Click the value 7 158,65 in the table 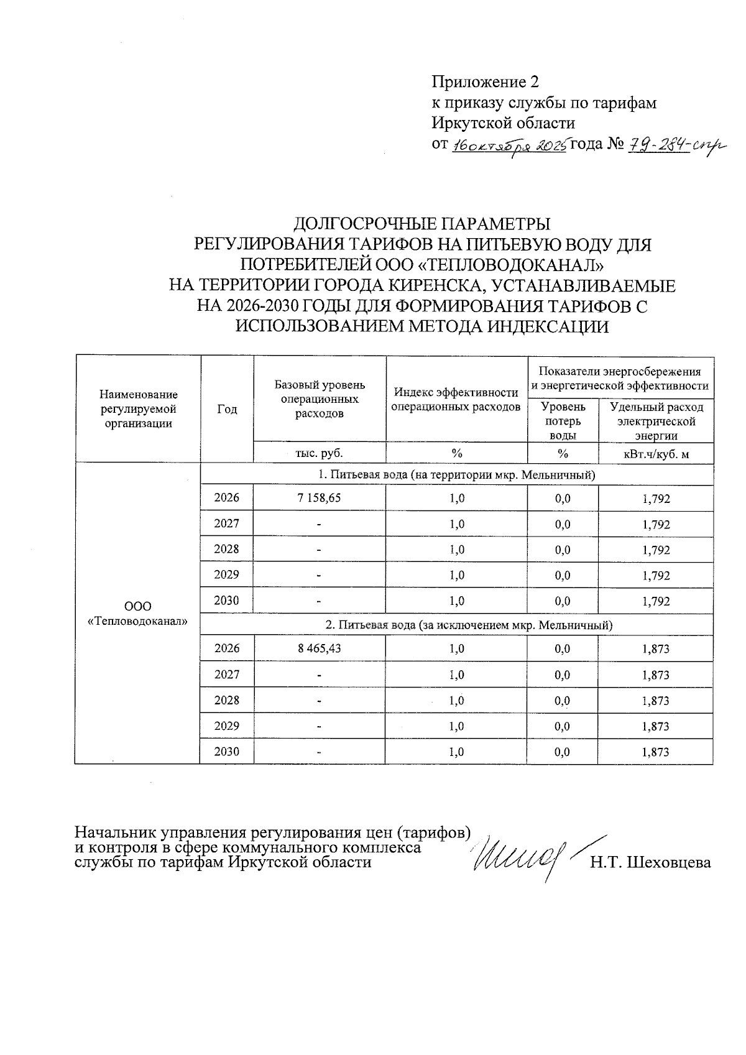[320, 498]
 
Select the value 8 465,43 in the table [320, 648]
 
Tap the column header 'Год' [227, 409]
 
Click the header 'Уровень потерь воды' [563, 422]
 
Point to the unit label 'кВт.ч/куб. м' [656, 454]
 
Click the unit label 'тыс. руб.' [320, 453]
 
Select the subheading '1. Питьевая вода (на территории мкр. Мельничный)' [456, 475]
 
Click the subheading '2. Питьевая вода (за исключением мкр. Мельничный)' [456, 625]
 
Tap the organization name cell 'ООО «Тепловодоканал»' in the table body [137, 613]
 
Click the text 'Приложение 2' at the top [485, 82]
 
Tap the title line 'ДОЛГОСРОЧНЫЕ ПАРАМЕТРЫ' [422, 223]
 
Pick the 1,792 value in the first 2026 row [656, 499]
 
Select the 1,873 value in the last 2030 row [656, 752]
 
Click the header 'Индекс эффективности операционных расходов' [456, 400]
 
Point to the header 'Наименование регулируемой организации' [137, 409]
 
